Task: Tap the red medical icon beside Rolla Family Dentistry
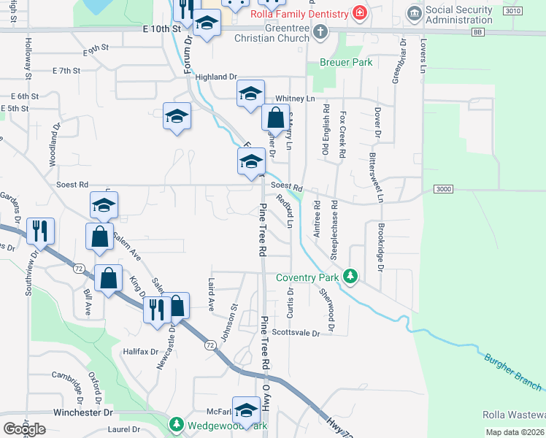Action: [358, 13]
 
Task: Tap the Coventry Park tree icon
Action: [351, 277]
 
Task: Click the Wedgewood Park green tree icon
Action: [176, 424]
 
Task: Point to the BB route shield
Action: [477, 33]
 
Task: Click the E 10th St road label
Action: [162, 28]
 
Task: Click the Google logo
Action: [24, 429]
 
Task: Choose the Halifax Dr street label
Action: [140, 351]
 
